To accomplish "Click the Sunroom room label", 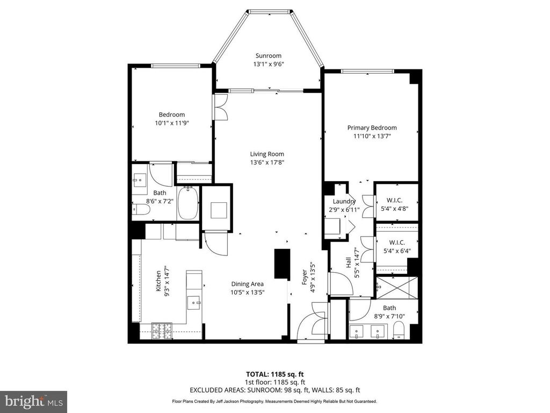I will tap(268, 55).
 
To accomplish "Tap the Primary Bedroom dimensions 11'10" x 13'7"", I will tap(372, 137).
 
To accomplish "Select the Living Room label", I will tap(267, 154).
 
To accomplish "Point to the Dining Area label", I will tap(247, 284).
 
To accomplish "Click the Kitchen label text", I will tap(158, 281).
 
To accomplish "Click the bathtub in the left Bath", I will tap(188, 203).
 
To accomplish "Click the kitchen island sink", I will tap(194, 302).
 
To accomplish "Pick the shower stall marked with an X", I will tap(397, 287).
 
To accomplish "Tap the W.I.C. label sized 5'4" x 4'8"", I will tap(396, 201).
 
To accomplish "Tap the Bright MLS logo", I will tap(33, 401).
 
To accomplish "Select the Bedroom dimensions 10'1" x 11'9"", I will tap(171, 123).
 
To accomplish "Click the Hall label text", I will tap(348, 263).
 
